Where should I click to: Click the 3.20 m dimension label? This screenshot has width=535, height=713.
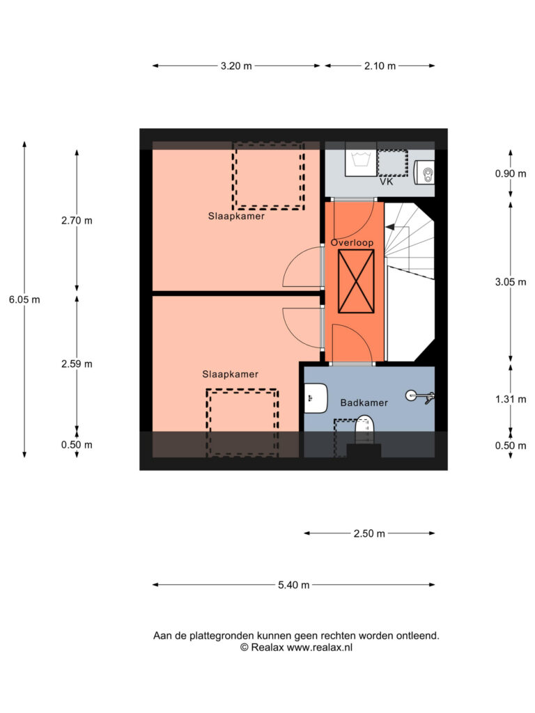tap(236, 66)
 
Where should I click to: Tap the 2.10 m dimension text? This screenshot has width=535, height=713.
tap(380, 66)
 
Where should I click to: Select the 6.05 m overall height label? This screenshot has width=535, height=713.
tap(24, 299)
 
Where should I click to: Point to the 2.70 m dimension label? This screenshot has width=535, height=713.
tap(77, 221)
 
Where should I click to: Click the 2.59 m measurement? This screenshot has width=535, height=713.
tap(77, 363)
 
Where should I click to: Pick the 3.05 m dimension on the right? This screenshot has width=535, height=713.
tap(511, 282)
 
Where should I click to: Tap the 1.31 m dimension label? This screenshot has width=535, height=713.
tap(511, 399)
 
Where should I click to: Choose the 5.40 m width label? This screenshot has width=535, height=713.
tap(294, 585)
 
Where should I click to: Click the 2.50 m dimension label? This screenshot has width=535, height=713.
tap(369, 533)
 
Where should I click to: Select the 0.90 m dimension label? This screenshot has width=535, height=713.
tap(511, 173)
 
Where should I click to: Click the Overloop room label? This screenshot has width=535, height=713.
tap(352, 243)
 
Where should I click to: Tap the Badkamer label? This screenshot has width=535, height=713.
tap(364, 403)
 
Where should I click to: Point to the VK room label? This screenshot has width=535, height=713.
tap(386, 182)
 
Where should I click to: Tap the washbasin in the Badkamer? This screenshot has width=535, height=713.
tap(316, 398)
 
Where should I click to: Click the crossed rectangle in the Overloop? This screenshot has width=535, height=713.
tap(356, 281)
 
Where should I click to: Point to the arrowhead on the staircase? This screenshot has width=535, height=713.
tap(390, 226)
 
